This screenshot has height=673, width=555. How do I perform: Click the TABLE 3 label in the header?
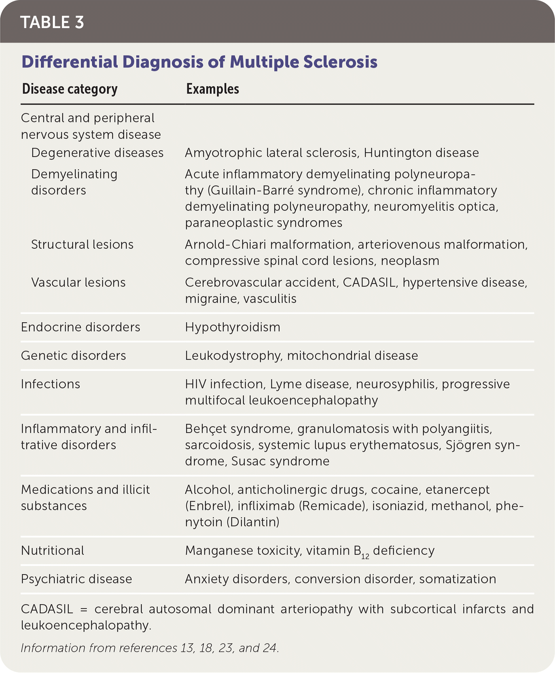coord(52,23)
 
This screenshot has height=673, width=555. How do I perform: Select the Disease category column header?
coord(70,89)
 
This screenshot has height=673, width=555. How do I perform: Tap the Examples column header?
coord(212,89)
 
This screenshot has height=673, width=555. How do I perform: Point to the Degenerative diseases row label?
coord(97,153)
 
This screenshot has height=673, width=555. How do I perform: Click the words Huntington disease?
coord(421,153)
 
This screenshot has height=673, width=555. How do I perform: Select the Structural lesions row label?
coord(82,245)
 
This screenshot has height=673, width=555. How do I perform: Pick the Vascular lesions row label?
coord(78,283)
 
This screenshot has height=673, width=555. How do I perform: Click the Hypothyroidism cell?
coord(233,327)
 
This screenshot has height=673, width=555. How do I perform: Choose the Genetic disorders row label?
coord(73,356)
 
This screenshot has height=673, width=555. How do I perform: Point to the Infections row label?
coord(50,384)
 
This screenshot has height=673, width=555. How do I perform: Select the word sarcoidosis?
coord(218,445)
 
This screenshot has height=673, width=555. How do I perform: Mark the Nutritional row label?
coord(52,551)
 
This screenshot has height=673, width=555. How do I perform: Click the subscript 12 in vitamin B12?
coord(365,556)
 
